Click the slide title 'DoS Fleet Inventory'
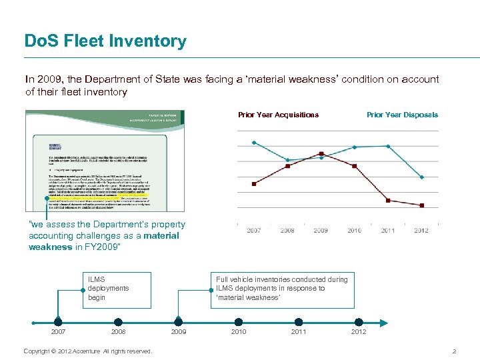tap(105, 41)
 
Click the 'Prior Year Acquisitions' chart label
tap(278, 115)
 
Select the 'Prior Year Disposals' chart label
tap(402, 115)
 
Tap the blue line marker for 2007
tap(254, 142)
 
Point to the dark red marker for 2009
tap(321, 153)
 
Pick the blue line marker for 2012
tap(421, 177)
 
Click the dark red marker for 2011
tap(388, 200)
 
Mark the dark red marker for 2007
tap(254, 183)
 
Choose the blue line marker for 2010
tap(355, 147)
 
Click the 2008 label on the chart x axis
tap(287, 231)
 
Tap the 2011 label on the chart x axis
tap(388, 231)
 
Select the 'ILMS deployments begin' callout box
tap(117, 289)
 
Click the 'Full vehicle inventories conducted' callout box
tap(282, 289)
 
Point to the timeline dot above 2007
tap(59, 322)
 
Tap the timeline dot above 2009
tap(179, 322)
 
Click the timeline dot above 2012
tap(359, 322)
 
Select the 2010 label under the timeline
tap(239, 332)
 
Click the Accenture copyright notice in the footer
tap(87, 351)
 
